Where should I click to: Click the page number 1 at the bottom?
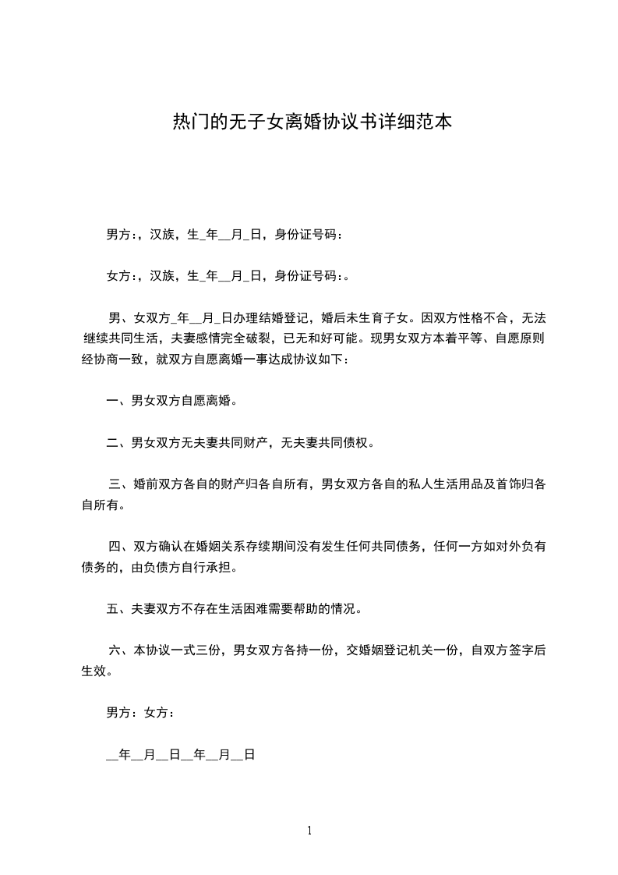point(309,831)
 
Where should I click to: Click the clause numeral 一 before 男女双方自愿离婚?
point(112,402)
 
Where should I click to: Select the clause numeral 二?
point(112,444)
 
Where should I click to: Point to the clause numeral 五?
point(112,609)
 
